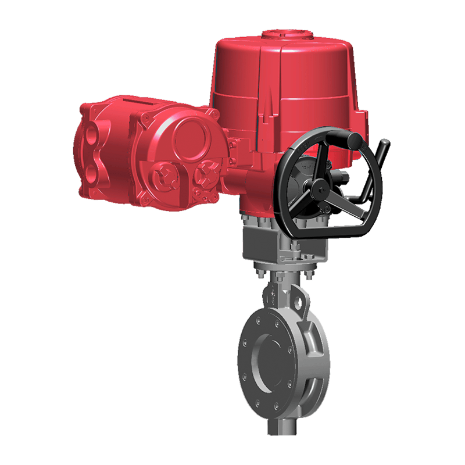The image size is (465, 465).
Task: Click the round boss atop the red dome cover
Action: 284,34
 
